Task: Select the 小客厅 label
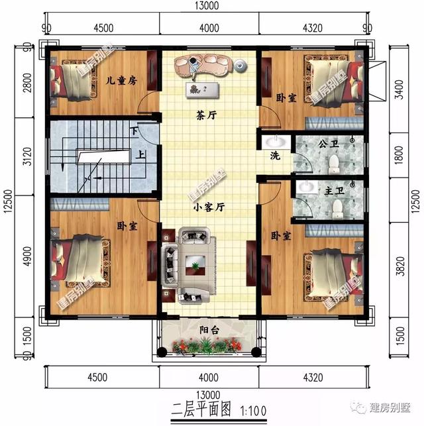point(209,206)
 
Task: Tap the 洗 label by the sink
point(275,156)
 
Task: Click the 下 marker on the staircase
point(136,131)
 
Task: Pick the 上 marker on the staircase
point(142,158)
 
